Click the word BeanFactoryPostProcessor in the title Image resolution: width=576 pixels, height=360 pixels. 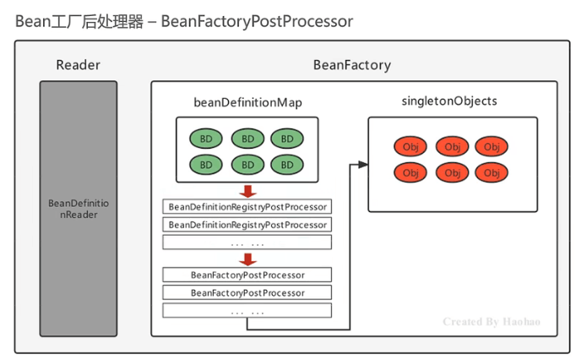click(257, 20)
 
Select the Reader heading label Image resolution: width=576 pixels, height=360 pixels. click(79, 65)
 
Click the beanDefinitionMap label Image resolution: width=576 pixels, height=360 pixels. click(247, 102)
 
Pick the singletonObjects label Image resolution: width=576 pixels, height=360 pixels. click(451, 101)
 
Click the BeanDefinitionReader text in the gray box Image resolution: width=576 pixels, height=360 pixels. click(79, 209)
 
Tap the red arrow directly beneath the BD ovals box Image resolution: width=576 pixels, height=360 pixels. click(247, 190)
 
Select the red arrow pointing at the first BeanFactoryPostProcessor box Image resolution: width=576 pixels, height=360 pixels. click(247, 259)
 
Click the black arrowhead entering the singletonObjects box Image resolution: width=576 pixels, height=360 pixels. click(363, 164)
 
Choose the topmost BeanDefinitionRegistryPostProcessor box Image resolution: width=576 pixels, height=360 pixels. click(247, 206)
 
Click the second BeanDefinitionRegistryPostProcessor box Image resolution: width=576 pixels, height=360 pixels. click(247, 225)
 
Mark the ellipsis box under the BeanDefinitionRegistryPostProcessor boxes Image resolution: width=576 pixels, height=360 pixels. click(247, 243)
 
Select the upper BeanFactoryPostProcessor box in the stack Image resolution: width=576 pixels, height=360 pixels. click(247, 275)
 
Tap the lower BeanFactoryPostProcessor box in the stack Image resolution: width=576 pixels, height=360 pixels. click(247, 292)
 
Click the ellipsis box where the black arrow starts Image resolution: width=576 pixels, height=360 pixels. click(247, 311)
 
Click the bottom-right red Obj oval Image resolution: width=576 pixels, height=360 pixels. click(491, 172)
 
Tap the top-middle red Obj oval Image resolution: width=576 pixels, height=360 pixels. click(451, 147)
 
